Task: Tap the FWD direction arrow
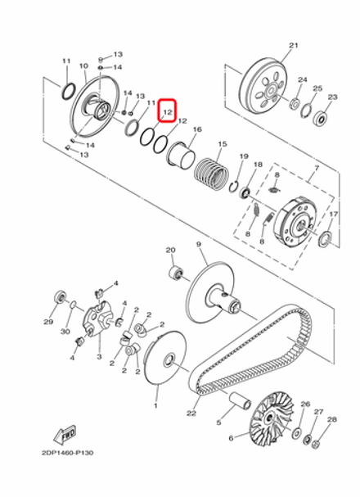click(x=65, y=431)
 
